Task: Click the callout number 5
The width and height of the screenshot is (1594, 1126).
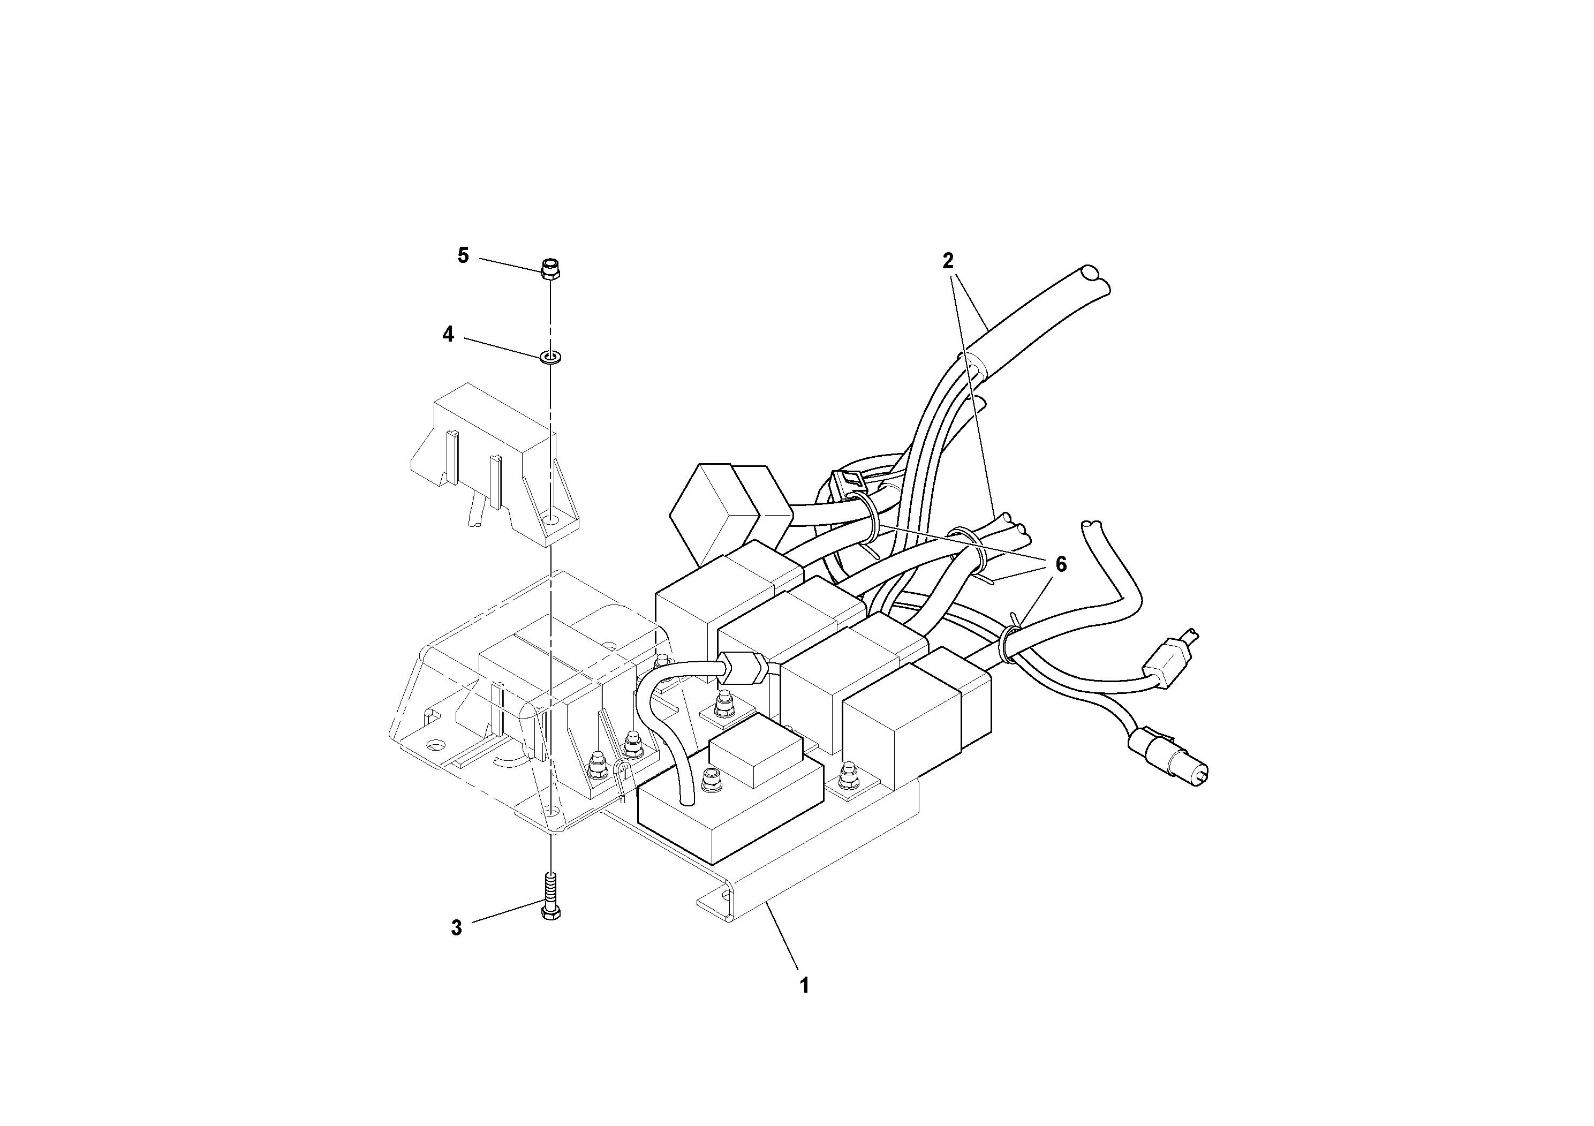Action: (x=463, y=255)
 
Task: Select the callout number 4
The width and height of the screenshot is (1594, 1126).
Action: (x=449, y=335)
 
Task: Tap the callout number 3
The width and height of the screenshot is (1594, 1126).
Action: (x=456, y=928)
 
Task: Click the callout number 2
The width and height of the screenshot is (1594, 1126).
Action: (x=948, y=261)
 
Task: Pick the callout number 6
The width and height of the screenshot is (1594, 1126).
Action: (x=1060, y=564)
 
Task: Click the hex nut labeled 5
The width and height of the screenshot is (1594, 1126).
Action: (x=550, y=269)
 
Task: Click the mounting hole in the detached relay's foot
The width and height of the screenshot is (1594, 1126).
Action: (x=552, y=519)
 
